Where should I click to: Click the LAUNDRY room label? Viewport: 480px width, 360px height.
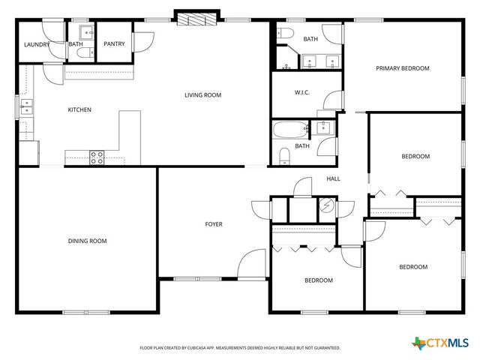coord(37,44)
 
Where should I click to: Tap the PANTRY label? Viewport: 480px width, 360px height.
coord(114,44)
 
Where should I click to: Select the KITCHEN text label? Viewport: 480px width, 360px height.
coord(79,110)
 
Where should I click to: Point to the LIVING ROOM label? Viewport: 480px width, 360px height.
coord(203,95)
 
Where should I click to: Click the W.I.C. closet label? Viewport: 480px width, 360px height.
coord(302,92)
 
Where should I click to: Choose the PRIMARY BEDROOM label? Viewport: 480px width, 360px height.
coord(403,68)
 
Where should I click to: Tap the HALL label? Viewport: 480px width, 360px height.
coord(333,178)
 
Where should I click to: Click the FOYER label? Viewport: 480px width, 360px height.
coord(214,224)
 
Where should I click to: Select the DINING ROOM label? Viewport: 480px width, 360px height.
coord(88,241)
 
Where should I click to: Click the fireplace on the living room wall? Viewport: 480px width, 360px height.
coord(197,17)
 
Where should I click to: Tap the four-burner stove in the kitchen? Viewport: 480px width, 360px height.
coord(97,157)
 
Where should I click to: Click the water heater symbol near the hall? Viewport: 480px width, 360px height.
coord(327,205)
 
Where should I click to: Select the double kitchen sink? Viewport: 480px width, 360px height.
coord(26,107)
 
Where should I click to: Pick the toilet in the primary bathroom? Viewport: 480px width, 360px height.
coord(283,32)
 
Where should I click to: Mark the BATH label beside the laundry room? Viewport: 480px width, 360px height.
coord(76,44)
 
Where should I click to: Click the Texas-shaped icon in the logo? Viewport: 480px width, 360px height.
coord(418,343)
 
